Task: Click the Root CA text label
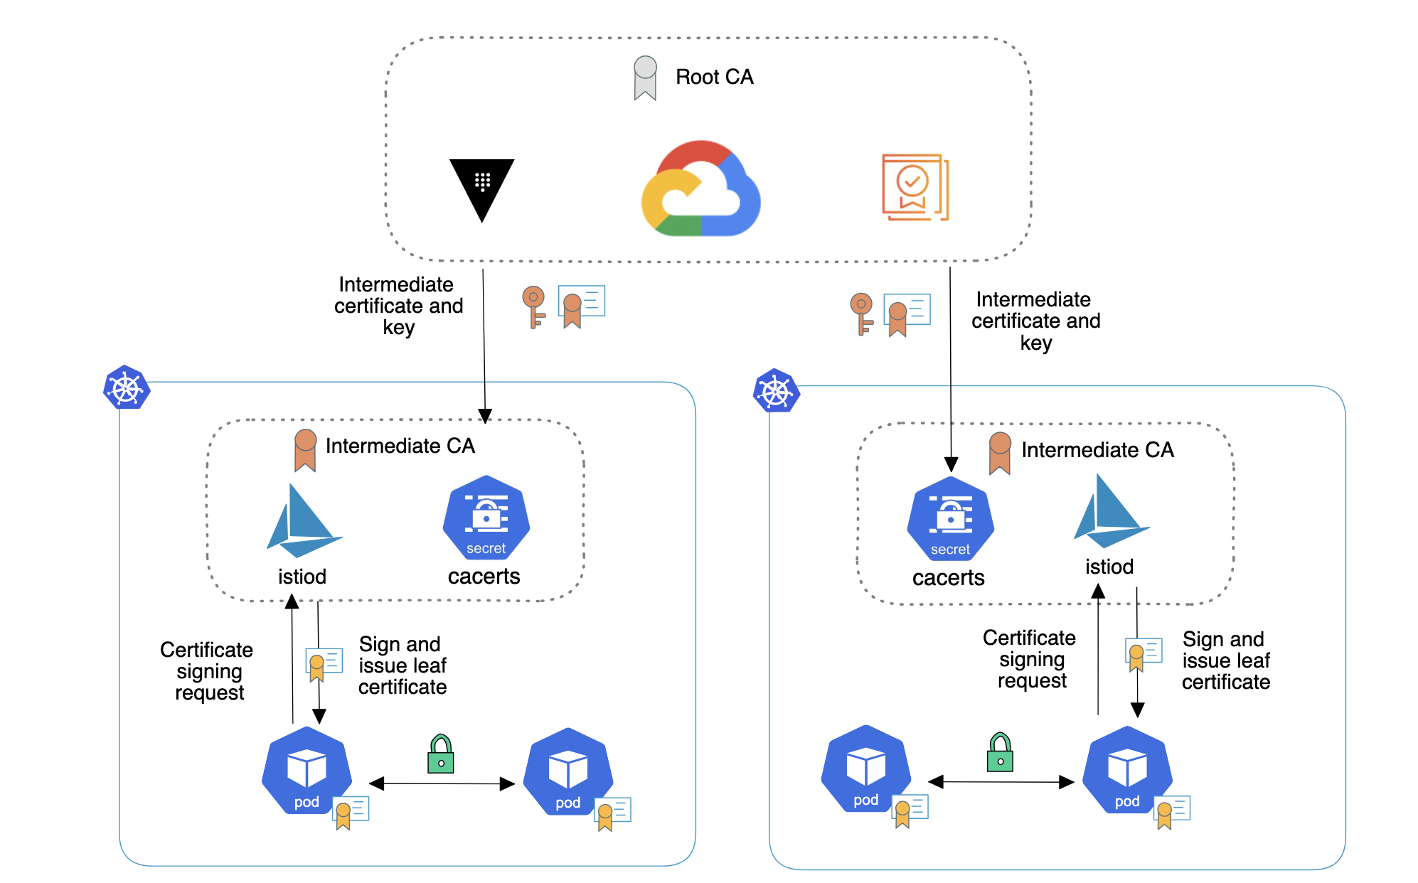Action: coord(714,77)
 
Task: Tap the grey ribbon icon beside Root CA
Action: coord(645,78)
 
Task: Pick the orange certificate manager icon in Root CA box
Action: coord(915,187)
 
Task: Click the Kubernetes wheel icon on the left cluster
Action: coord(126,388)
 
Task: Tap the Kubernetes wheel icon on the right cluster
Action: coord(776,391)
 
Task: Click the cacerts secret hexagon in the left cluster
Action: coord(486,518)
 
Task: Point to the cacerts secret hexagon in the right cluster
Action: coord(951,520)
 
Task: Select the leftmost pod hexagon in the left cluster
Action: coord(306,771)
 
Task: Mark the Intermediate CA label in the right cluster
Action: coord(1097,450)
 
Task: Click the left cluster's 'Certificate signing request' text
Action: coord(207,671)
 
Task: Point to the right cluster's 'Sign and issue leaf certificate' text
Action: coord(1225,660)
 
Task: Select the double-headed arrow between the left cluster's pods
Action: coord(442,783)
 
